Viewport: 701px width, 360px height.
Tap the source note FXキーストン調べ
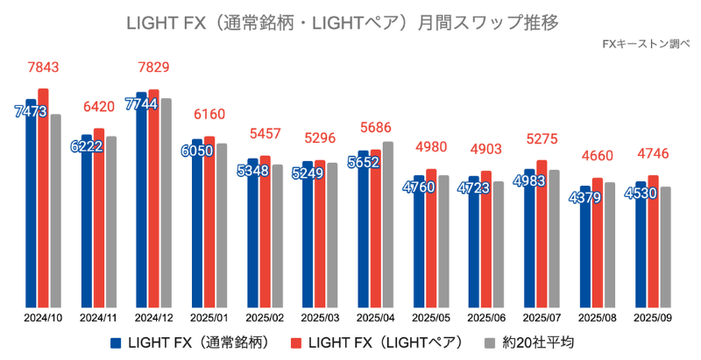point(646,43)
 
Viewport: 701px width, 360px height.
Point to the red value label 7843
point(44,68)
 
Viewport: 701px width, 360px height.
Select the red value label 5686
point(377,129)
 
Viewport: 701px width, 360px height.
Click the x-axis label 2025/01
point(209,318)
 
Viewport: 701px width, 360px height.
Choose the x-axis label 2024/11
point(98,318)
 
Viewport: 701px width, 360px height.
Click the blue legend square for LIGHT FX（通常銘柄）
point(116,342)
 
